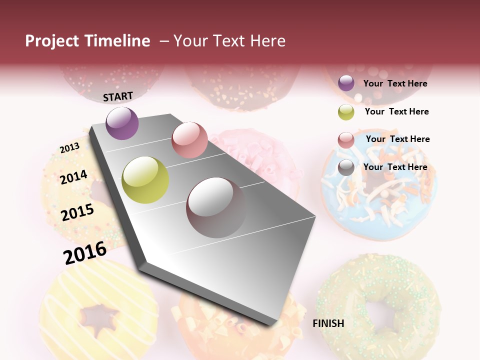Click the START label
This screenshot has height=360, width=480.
point(118,96)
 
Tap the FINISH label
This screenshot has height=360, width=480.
point(328,323)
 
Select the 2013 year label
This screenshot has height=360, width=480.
point(69,148)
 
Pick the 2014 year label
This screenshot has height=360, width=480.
point(73,177)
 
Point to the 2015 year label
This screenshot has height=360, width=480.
point(77,212)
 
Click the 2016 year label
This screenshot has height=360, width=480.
point(85,252)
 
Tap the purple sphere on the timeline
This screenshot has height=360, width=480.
point(122,123)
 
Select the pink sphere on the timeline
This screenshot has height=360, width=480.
point(189,140)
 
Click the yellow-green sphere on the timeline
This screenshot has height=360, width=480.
point(145,180)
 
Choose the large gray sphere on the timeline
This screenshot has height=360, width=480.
point(216,207)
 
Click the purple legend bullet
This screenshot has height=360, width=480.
point(346,83)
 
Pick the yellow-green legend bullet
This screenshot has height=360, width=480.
point(346,112)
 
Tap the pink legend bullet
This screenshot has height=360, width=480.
point(346,140)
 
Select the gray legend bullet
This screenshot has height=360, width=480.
point(346,167)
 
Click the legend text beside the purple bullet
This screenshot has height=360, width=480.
point(395,83)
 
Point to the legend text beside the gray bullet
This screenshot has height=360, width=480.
point(395,167)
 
